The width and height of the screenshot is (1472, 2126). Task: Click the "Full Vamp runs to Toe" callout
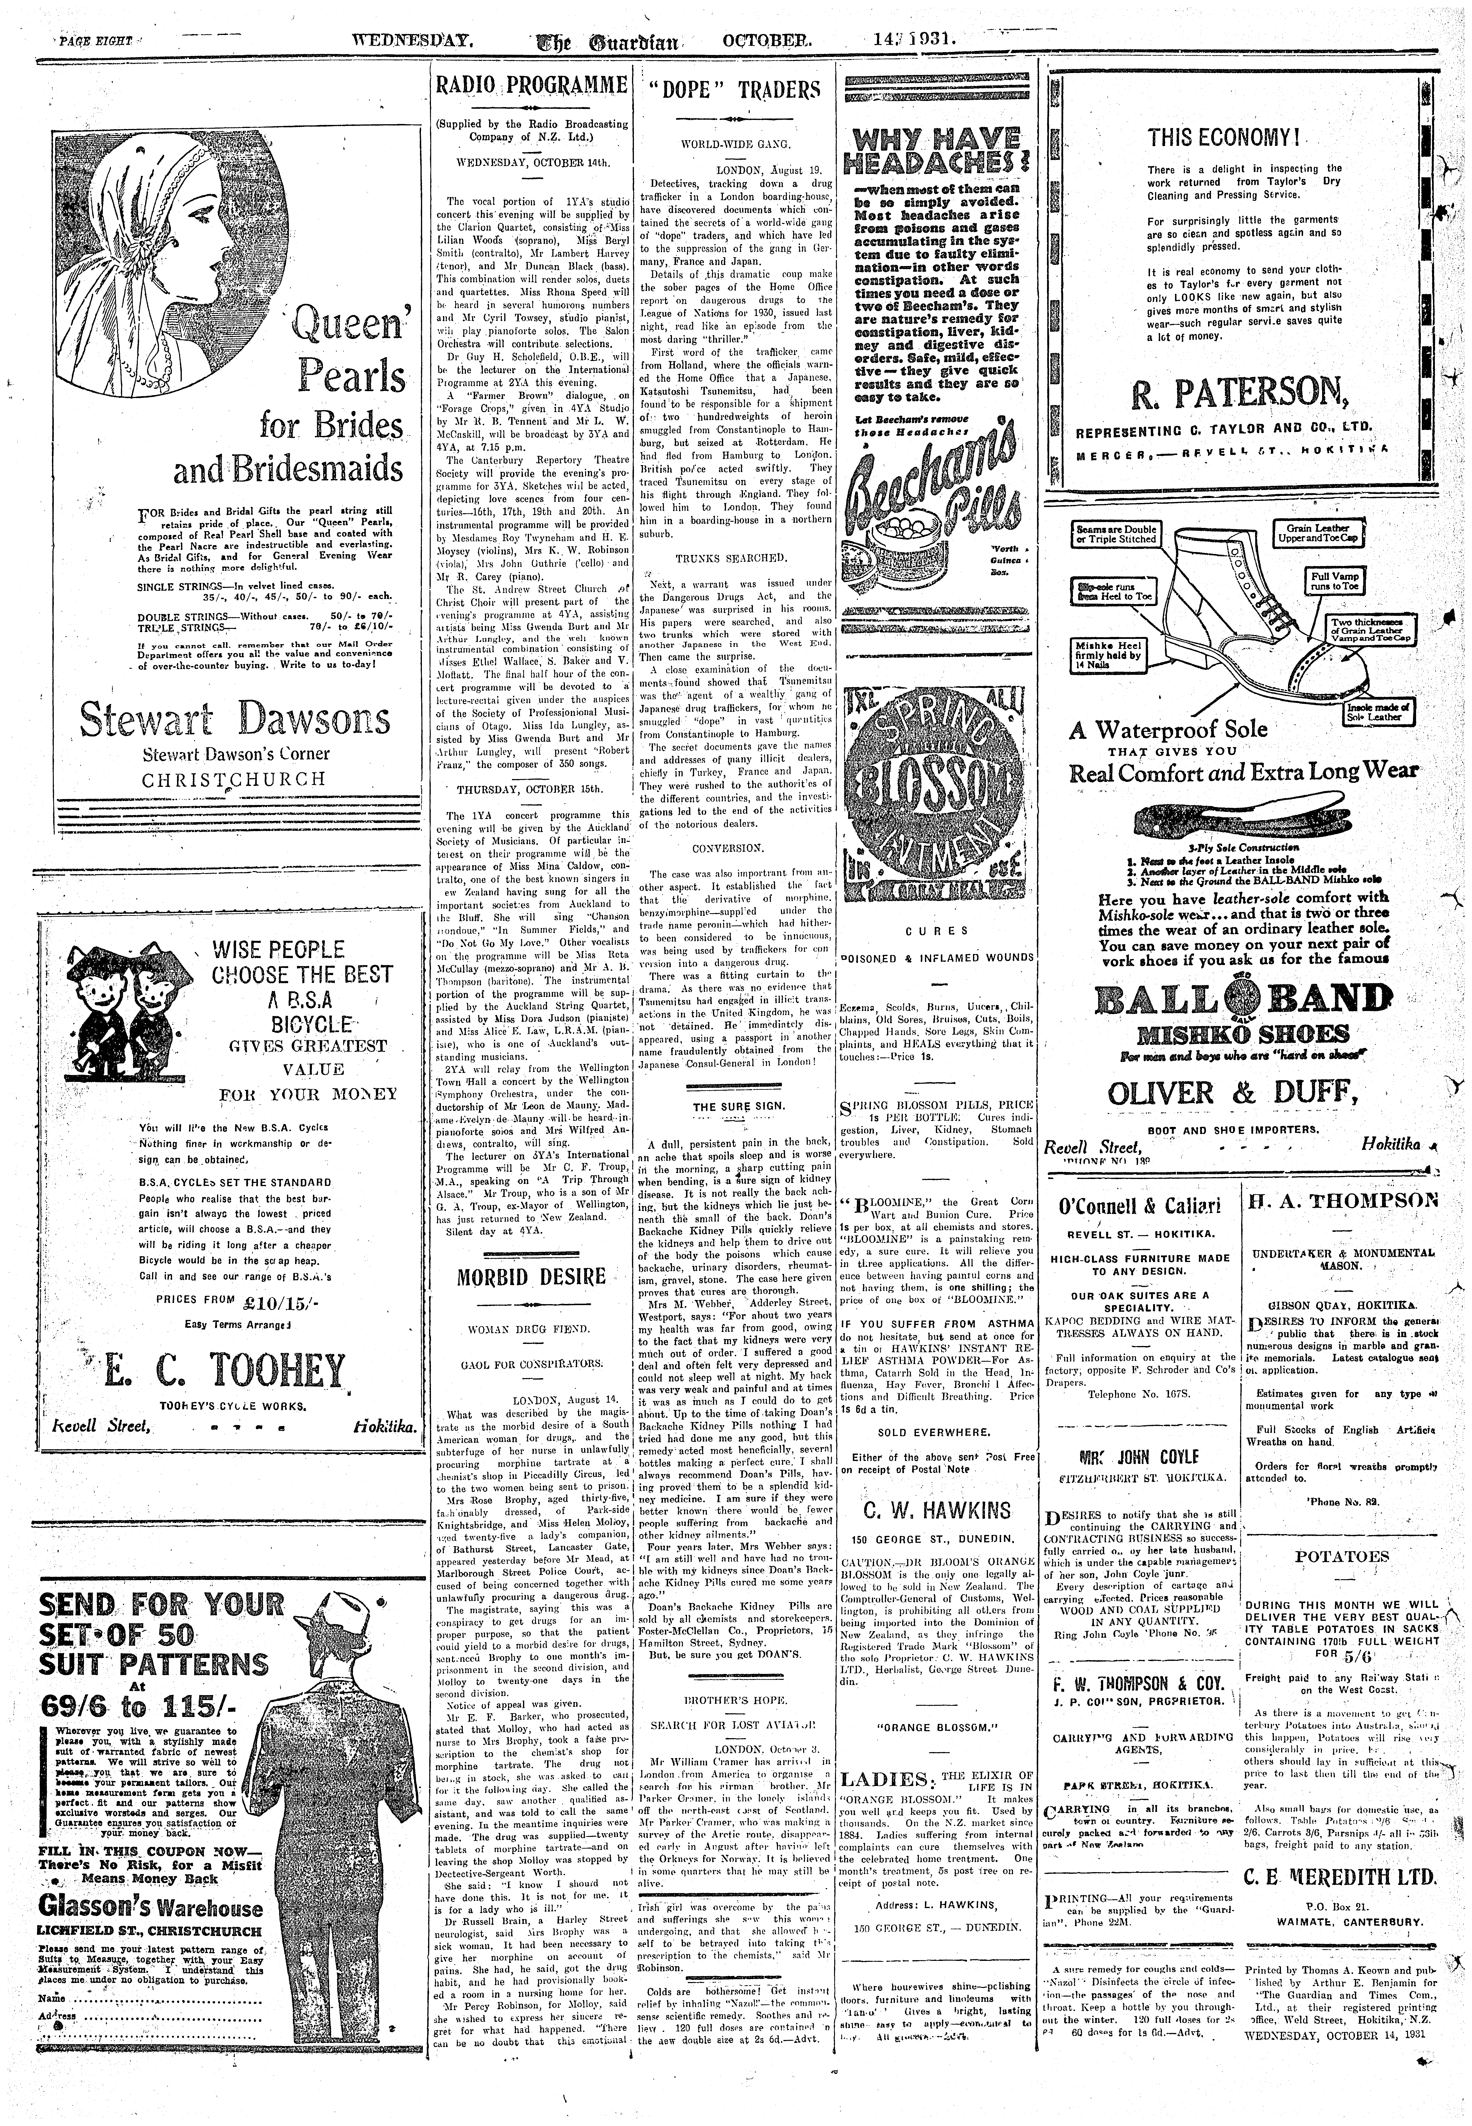point(1334,581)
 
